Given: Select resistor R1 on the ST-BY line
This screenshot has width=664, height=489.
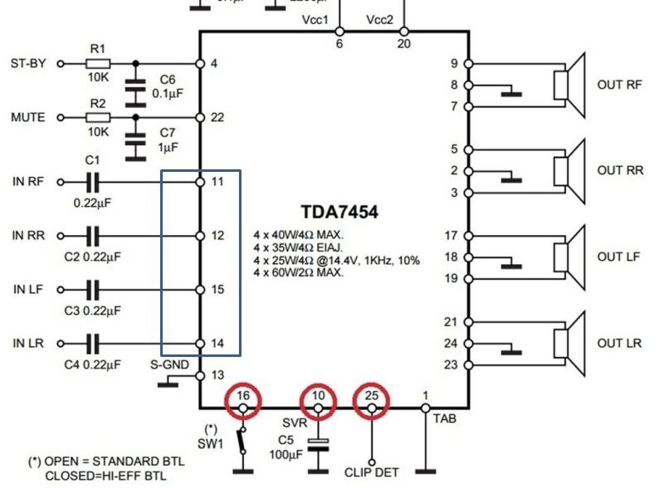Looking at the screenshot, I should pyautogui.click(x=98, y=63).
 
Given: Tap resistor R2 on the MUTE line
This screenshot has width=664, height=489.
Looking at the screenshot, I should pyautogui.click(x=98, y=118).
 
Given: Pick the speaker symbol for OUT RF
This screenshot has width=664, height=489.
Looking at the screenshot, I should pyautogui.click(x=569, y=84).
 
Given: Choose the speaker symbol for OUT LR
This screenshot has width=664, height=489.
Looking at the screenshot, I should pyautogui.click(x=569, y=343).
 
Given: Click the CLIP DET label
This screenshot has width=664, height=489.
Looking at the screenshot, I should pyautogui.click(x=372, y=472).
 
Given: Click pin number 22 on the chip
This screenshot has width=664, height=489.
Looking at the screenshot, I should pyautogui.click(x=217, y=118).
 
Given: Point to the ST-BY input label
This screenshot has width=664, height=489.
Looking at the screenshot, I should pyautogui.click(x=28, y=63).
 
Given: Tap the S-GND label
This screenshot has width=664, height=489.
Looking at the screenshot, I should pyautogui.click(x=169, y=364).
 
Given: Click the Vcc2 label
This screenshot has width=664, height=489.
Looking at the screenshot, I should pyautogui.click(x=380, y=20).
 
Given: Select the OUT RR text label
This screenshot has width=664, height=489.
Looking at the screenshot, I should pyautogui.click(x=620, y=170).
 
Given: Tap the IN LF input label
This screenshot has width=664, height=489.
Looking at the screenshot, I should pyautogui.click(x=28, y=290).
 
